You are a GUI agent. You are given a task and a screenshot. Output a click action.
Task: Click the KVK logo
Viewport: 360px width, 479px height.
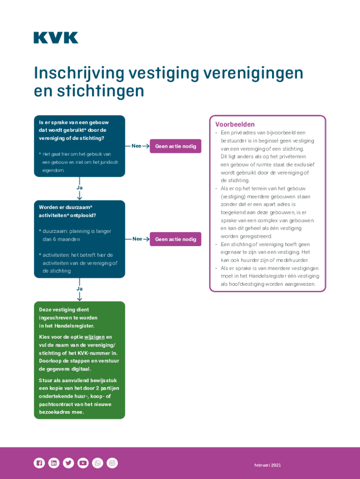point(56,38)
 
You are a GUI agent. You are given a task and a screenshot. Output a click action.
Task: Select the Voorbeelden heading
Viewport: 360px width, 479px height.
point(235,124)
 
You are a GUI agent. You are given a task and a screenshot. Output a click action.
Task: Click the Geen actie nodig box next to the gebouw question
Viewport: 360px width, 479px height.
point(175,146)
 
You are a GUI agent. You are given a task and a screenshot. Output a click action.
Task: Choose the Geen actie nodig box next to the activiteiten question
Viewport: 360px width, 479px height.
point(175,239)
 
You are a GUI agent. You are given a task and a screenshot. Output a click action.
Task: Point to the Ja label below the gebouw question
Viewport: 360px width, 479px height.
point(79,188)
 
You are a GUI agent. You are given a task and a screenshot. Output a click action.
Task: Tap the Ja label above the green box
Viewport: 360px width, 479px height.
point(79,289)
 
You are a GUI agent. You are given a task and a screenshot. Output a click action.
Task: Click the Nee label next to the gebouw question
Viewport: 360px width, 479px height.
point(137,146)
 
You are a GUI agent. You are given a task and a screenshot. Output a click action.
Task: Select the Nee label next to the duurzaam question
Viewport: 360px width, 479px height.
point(137,239)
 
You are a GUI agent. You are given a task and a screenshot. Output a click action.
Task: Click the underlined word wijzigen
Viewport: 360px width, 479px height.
point(94,337)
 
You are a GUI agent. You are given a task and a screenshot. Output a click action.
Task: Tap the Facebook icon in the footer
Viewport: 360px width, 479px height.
point(39,463)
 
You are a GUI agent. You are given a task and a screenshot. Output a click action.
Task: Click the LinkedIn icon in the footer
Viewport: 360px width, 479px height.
point(54,463)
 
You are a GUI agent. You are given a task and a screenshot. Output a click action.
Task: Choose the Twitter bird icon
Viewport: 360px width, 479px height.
point(68,463)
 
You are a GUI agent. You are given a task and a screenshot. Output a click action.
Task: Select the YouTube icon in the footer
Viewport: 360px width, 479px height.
point(83,463)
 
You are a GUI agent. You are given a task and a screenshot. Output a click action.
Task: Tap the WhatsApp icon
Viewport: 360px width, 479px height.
point(97,463)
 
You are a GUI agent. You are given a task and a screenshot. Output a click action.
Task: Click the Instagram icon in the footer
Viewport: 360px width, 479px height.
point(112,463)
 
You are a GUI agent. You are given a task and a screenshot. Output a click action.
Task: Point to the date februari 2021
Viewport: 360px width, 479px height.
point(267,465)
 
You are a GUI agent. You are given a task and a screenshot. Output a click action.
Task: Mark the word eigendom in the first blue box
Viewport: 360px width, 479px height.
point(53,170)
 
